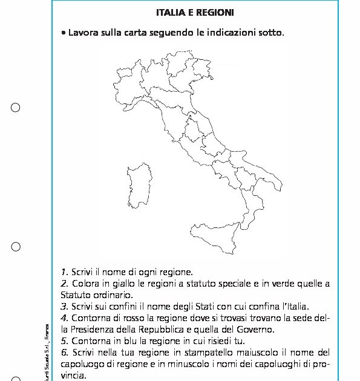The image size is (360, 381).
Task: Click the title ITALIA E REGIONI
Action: click(194, 12)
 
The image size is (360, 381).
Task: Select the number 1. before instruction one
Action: click(64, 272)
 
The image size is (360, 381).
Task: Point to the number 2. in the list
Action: click(64, 284)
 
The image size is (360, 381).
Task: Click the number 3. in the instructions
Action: click(64, 307)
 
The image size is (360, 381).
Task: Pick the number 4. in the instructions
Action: click(64, 318)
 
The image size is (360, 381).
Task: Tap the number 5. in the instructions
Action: click(64, 341)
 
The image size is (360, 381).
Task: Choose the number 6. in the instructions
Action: click(64, 353)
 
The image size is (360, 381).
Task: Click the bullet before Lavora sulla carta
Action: click(64, 32)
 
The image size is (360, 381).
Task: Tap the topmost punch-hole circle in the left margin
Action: click(16, 108)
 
